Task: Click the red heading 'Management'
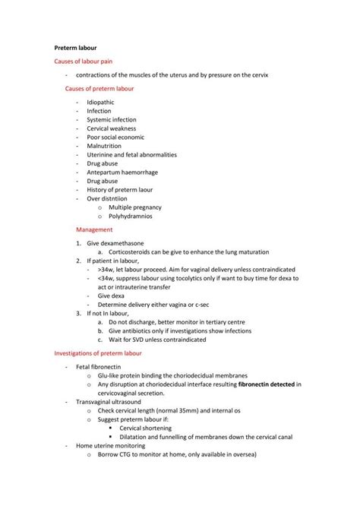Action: [95, 229]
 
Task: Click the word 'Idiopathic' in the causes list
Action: [102, 102]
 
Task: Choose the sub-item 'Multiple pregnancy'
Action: [135, 206]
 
